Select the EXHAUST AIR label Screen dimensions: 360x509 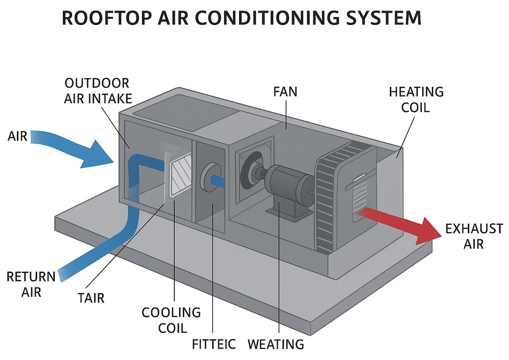[x=474, y=236]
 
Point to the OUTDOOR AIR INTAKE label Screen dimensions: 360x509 [x=98, y=91]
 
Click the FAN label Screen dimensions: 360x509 [x=285, y=92]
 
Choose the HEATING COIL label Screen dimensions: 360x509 [x=416, y=99]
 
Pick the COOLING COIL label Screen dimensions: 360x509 [x=171, y=320]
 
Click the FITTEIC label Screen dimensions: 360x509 [x=214, y=344]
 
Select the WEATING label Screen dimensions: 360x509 [x=276, y=344]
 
